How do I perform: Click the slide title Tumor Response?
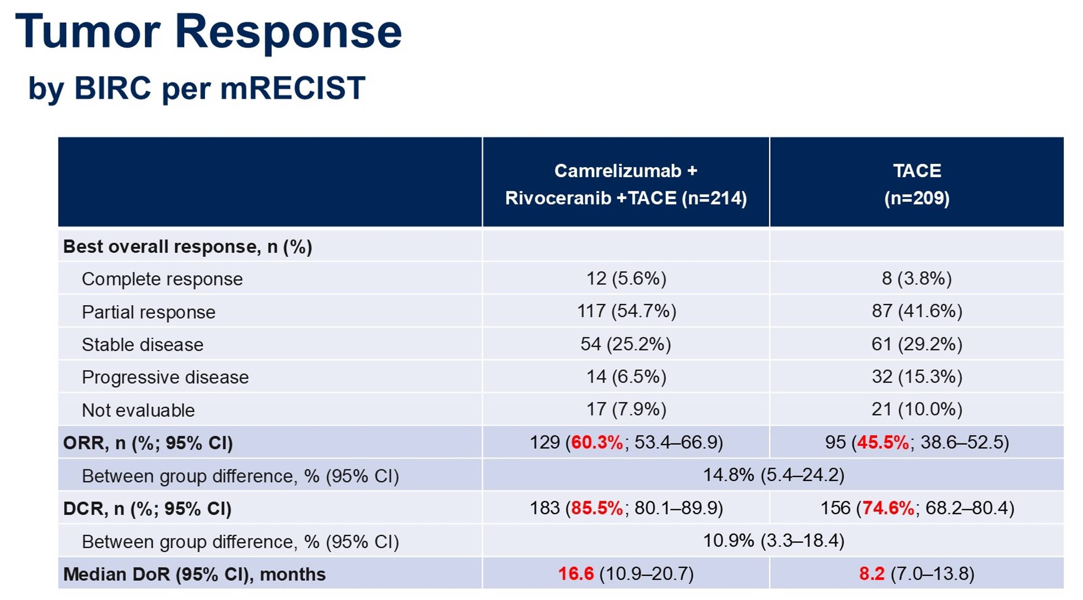(x=209, y=32)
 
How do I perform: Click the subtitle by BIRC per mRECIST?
(x=197, y=89)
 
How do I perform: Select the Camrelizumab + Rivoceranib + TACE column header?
(x=626, y=184)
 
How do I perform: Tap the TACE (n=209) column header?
(x=917, y=184)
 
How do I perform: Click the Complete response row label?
(x=162, y=279)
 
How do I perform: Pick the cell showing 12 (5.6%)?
(x=627, y=279)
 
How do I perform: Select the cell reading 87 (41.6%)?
(x=917, y=311)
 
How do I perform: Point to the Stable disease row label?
(x=142, y=345)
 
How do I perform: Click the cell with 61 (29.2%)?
(x=917, y=344)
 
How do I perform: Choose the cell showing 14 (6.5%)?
(x=627, y=377)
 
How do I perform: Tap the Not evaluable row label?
(x=138, y=410)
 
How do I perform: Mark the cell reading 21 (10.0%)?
(x=917, y=409)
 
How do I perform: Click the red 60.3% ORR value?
(x=597, y=442)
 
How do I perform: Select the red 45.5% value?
(x=883, y=442)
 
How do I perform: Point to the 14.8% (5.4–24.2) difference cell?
(x=774, y=475)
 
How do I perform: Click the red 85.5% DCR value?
(x=597, y=508)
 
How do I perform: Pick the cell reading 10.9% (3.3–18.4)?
(x=774, y=541)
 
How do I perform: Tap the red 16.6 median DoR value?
(x=576, y=574)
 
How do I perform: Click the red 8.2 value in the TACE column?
(x=872, y=574)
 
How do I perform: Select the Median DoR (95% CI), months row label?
(x=195, y=574)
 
